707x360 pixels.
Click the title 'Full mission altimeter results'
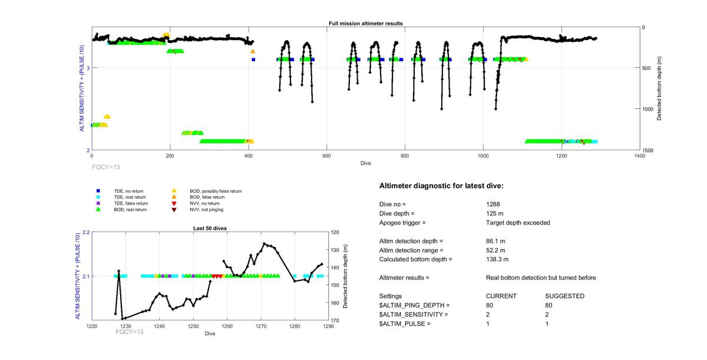pos(365,24)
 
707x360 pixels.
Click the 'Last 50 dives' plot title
pos(210,228)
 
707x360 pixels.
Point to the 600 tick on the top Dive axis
pos(326,156)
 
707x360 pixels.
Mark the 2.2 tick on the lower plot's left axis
pos(85,232)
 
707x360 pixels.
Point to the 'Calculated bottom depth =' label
pos(415,259)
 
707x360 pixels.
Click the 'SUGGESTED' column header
pos(564,296)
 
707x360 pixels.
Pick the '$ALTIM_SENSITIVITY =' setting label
pos(414,315)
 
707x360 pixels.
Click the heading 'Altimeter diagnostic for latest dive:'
pos(441,186)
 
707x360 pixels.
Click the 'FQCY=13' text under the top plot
pos(106,167)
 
